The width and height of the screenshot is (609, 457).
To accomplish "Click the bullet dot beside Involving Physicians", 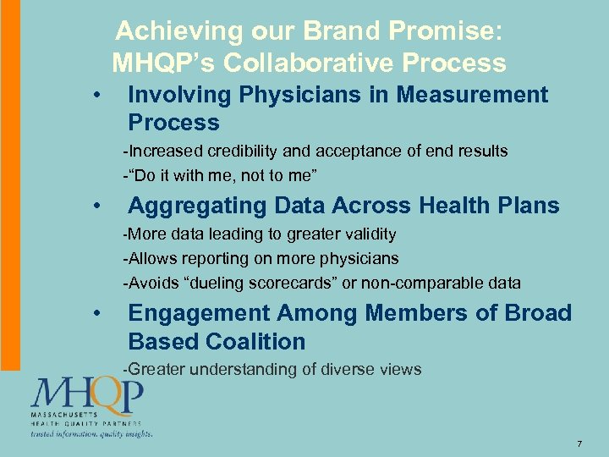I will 99,96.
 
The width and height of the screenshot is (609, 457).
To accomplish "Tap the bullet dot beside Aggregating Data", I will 99,206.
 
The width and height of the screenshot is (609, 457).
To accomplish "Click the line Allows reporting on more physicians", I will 261,258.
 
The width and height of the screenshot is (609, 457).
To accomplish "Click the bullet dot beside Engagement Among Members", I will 99,314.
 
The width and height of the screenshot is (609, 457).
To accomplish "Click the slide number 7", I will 579,444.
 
